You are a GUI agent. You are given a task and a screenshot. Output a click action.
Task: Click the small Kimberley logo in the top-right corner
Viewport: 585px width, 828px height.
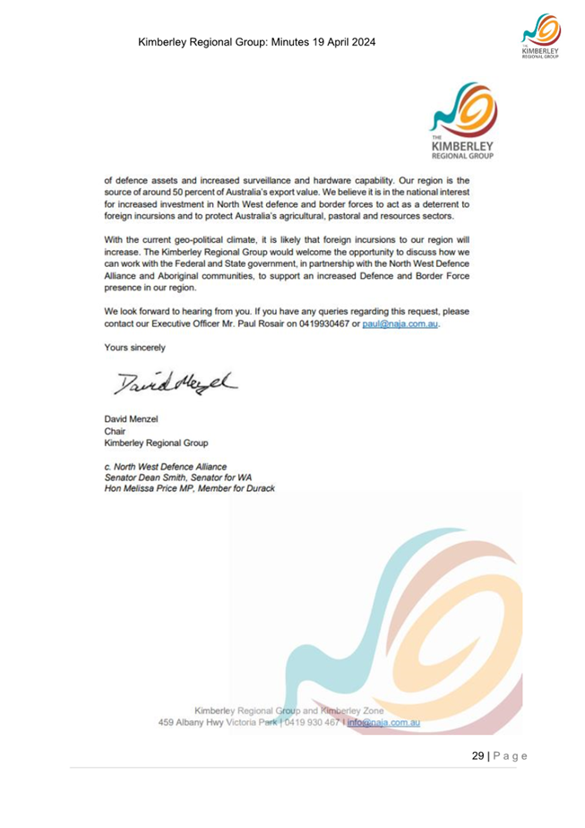pos(538,39)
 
